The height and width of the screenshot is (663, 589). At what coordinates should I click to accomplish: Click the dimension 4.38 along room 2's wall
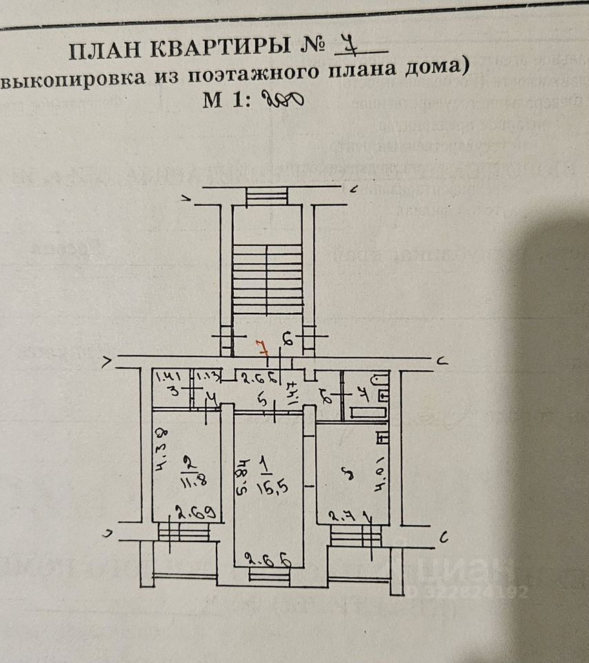(161, 448)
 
